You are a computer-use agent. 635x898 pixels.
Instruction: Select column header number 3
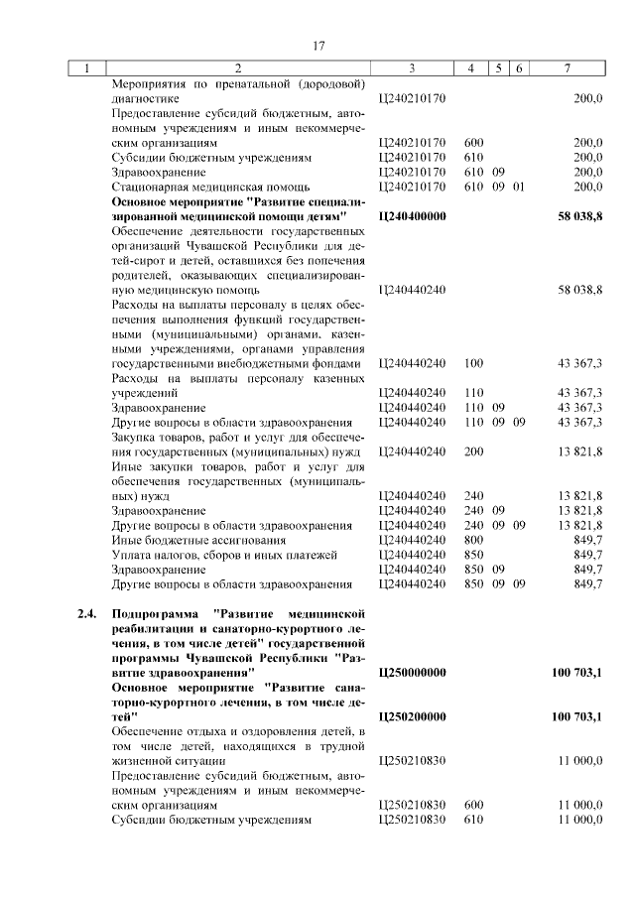(x=411, y=68)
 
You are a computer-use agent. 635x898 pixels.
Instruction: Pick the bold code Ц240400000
(x=413, y=215)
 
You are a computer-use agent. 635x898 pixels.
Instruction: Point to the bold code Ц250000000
(x=413, y=673)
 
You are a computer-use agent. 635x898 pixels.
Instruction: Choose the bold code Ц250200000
(x=413, y=716)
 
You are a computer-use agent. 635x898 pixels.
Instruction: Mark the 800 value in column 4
(x=473, y=540)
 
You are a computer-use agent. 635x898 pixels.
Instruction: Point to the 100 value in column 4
(x=473, y=363)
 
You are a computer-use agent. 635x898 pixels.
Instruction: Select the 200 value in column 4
(x=473, y=451)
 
